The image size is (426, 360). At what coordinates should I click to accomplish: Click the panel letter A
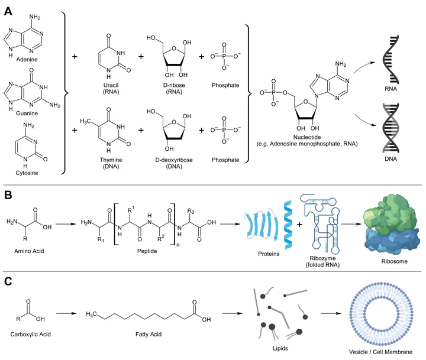coord(8,11)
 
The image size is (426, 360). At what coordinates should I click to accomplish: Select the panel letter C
coord(8,281)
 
